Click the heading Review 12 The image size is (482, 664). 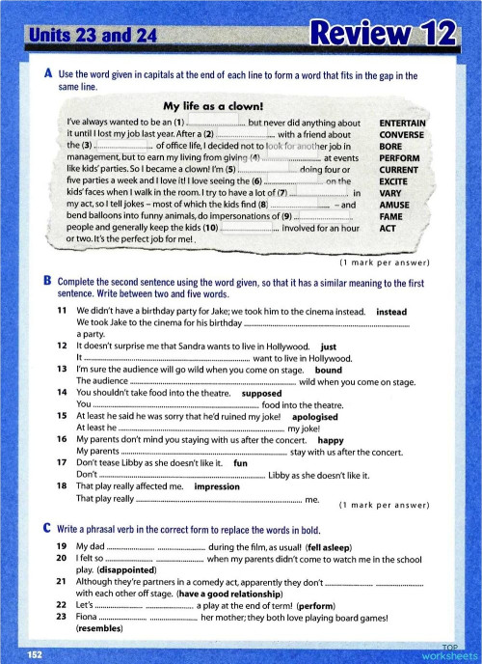(x=381, y=37)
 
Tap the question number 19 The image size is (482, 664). (x=61, y=546)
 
